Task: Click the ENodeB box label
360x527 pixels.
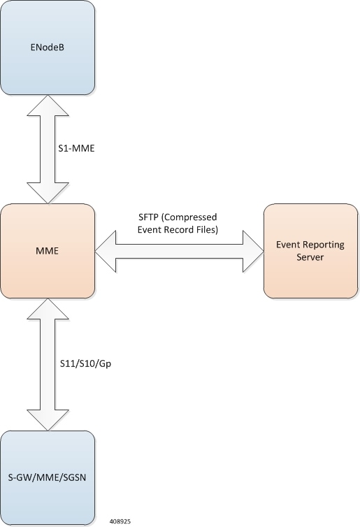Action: [47, 48]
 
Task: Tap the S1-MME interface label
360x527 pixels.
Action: [76, 148]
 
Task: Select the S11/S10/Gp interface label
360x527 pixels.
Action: [85, 363]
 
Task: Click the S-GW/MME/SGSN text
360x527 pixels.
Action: [47, 477]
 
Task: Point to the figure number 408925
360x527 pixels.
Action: [120, 521]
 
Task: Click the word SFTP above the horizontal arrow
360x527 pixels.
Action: [148, 217]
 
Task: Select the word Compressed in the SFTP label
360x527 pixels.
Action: [189, 217]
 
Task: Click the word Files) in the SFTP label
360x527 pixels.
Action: [206, 230]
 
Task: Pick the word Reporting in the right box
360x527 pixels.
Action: [323, 245]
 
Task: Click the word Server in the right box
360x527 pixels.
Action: [310, 257]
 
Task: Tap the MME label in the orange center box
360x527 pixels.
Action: [47, 251]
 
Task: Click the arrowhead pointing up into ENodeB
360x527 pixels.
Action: [48, 106]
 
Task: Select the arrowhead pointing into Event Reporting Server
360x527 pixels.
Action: [253, 251]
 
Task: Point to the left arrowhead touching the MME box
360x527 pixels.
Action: [106, 251]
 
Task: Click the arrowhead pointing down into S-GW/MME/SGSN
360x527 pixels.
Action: [48, 420]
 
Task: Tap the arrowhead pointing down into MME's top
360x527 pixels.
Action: [48, 193]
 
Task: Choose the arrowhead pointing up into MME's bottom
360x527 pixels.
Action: [48, 309]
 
